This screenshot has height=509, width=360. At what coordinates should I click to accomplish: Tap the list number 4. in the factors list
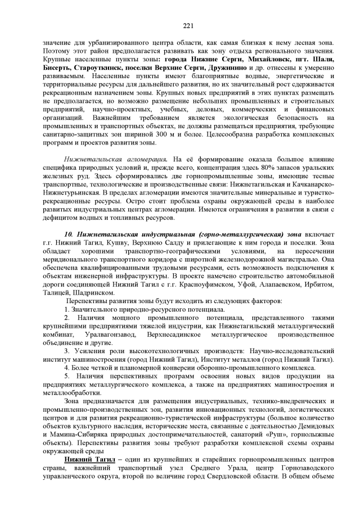66,368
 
